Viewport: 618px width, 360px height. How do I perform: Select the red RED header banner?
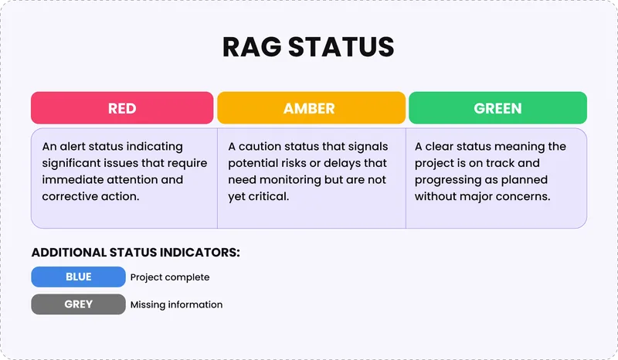[x=122, y=108]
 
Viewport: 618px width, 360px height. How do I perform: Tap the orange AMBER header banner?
[x=311, y=108]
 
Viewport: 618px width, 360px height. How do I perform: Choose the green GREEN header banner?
[x=497, y=108]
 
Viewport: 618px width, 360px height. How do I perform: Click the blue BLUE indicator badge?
[x=78, y=277]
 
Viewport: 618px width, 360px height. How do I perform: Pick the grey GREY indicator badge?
[x=78, y=304]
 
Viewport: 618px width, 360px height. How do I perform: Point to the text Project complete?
[x=170, y=277]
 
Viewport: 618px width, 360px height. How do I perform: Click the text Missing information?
[x=176, y=305]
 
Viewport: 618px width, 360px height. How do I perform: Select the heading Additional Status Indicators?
[x=135, y=253]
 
